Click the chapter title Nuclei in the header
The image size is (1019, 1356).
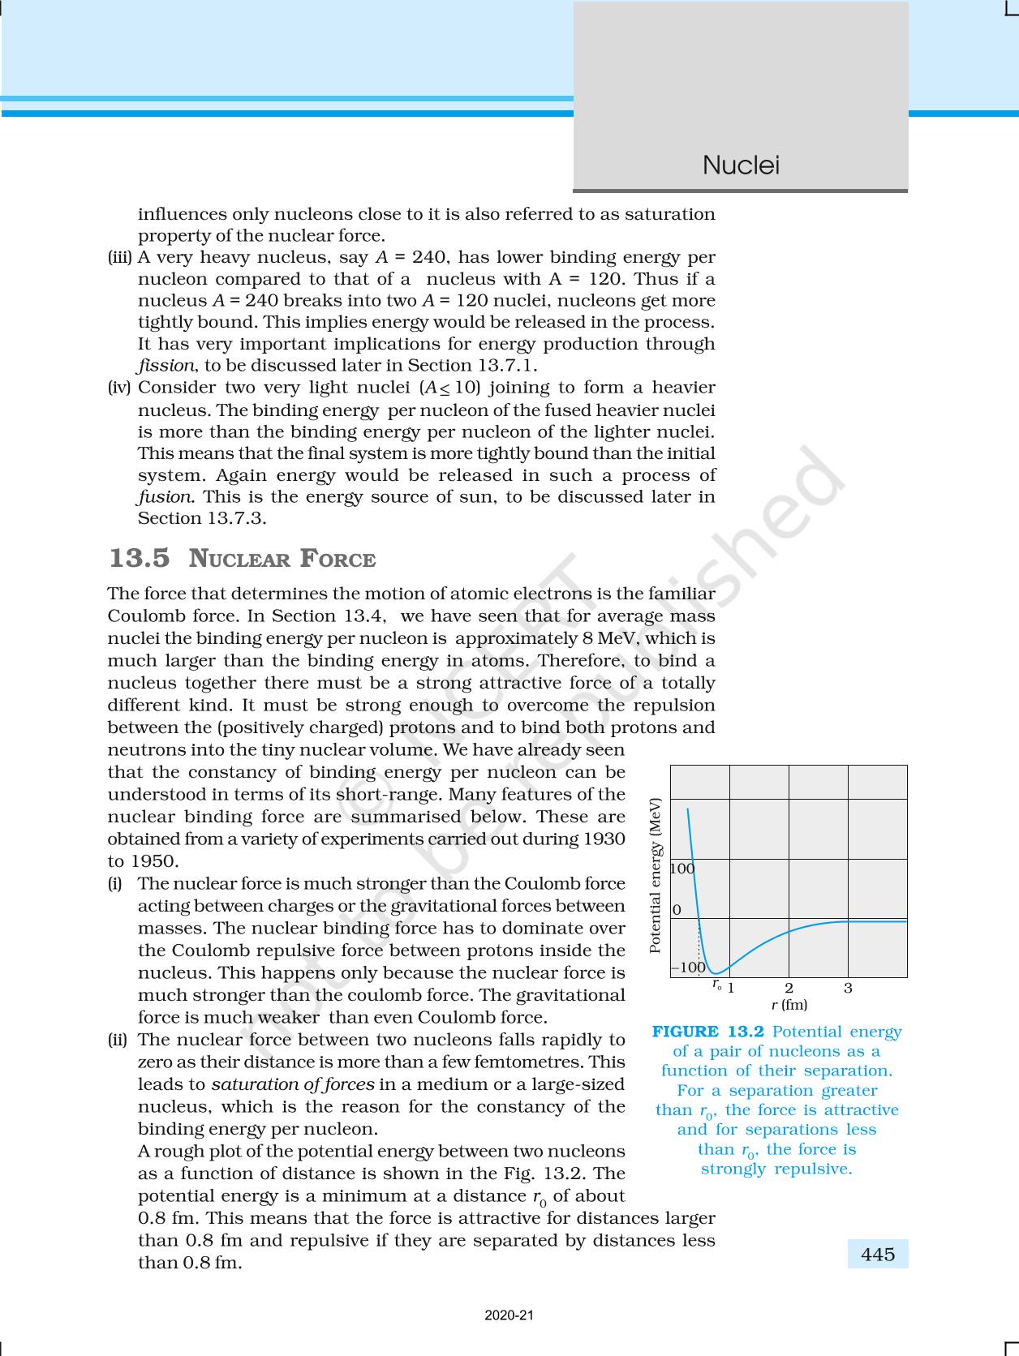pyautogui.click(x=740, y=165)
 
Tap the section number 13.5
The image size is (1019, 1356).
pyautogui.click(x=140, y=559)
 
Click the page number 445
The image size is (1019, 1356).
pyautogui.click(x=878, y=1255)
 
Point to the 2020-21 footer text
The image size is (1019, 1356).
pyautogui.click(x=509, y=1315)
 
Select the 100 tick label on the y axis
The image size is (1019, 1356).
pyautogui.click(x=682, y=869)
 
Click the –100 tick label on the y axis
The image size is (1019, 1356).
pyautogui.click(x=688, y=968)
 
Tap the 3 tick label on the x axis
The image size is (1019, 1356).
pyautogui.click(x=848, y=988)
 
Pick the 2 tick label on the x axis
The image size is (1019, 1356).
pyautogui.click(x=789, y=988)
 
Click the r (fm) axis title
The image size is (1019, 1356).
pyautogui.click(x=789, y=1005)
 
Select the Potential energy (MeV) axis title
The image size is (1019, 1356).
pyautogui.click(x=656, y=875)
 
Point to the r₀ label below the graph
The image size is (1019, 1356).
pyautogui.click(x=717, y=984)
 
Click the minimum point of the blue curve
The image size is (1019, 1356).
pyautogui.click(x=715, y=972)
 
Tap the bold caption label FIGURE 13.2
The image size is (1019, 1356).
pyautogui.click(x=708, y=1032)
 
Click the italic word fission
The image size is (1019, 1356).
pyautogui.click(x=166, y=366)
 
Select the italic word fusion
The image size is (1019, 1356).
pyautogui.click(x=166, y=496)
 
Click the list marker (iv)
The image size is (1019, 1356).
pyautogui.click(x=119, y=388)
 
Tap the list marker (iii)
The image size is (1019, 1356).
pyautogui.click(x=120, y=257)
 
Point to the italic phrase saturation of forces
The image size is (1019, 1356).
pyautogui.click(x=293, y=1084)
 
